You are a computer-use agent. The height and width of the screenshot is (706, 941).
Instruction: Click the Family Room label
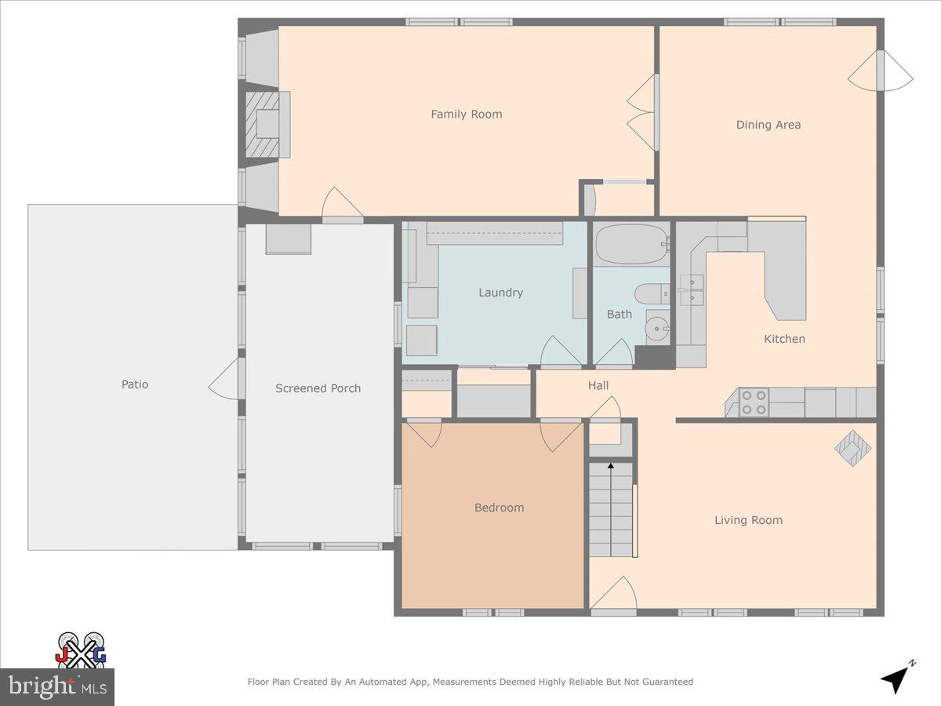(466, 115)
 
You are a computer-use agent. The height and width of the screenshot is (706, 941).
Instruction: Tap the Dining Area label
(768, 125)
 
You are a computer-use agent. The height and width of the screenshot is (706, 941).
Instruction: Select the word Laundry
(500, 293)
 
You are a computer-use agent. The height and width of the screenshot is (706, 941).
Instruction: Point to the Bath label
(619, 315)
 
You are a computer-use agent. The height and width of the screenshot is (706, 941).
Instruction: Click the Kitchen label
(784, 339)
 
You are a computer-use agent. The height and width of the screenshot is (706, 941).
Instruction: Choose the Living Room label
(748, 520)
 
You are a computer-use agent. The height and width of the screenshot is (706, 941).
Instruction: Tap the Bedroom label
(499, 508)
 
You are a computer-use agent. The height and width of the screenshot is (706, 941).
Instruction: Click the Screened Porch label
(318, 388)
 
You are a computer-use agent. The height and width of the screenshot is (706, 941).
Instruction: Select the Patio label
(134, 384)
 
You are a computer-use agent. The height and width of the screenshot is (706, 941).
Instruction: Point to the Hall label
(598, 385)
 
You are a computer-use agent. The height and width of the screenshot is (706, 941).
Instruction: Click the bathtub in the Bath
(631, 244)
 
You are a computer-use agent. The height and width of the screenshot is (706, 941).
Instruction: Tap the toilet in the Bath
(649, 294)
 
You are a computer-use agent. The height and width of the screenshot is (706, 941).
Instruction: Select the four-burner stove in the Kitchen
(754, 402)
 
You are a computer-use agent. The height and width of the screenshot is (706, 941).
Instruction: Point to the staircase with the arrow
(611, 510)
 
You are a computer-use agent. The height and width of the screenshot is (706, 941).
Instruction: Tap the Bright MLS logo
(56, 686)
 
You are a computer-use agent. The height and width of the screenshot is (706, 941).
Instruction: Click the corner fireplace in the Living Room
(852, 449)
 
